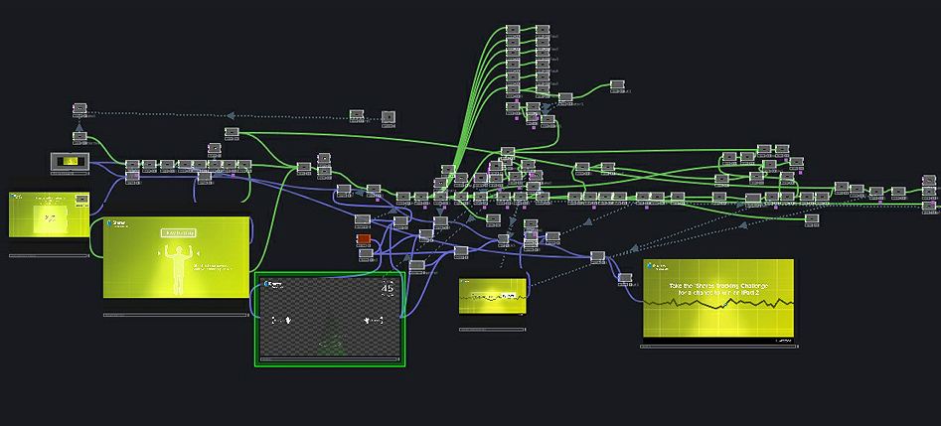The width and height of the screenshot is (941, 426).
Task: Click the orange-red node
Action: (364, 239)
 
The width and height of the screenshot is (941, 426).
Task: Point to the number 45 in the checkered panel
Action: (388, 289)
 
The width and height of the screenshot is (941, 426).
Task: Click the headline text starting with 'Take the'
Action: (717, 284)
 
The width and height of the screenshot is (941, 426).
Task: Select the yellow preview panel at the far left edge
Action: (49, 215)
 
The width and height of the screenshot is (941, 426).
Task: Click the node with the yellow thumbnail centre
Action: (69, 161)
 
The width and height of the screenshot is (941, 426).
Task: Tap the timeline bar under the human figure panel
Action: (176, 316)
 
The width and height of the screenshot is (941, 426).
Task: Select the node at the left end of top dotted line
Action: (80, 109)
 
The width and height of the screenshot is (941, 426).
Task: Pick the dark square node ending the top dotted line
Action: (389, 117)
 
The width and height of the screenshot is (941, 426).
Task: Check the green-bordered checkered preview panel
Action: (329, 318)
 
